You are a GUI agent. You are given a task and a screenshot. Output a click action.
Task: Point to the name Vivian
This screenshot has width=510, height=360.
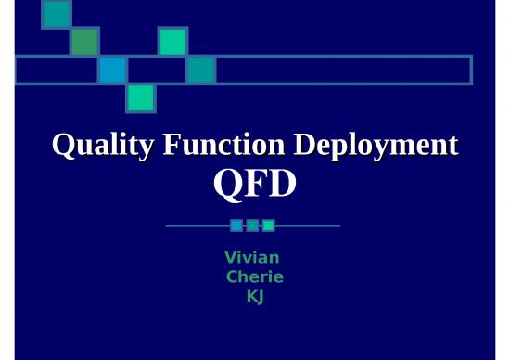coord(252,257)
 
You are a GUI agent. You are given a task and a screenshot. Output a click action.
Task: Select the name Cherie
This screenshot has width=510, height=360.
coord(255,276)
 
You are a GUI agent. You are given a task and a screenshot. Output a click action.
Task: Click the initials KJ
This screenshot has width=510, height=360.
coord(254,296)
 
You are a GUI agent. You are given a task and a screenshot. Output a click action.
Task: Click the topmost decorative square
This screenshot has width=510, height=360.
coord(57,13)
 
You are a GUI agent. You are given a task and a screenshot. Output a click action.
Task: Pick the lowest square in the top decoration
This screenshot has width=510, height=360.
coord(141,97)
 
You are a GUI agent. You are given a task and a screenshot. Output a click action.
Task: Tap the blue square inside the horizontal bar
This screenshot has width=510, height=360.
coord(112,70)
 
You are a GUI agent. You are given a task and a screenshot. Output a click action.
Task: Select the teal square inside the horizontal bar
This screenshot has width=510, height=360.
coord(200,70)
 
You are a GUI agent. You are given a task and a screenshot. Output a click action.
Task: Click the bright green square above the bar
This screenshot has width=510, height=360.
coord(172,41)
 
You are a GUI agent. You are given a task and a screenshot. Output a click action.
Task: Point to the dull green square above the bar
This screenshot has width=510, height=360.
coord(84,41)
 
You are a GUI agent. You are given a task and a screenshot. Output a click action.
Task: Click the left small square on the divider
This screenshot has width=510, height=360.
coord(236,225)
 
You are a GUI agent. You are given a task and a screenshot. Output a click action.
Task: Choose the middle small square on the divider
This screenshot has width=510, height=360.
coord(252,225)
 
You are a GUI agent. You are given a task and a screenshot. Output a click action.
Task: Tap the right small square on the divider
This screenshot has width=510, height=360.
coord(268,225)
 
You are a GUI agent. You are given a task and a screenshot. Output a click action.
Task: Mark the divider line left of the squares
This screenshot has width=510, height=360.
coord(197,225)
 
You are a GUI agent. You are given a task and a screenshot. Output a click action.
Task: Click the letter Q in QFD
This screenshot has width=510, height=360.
coord(226,184)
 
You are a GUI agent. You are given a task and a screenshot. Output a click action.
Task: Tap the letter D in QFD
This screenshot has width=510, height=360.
coord(282,184)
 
